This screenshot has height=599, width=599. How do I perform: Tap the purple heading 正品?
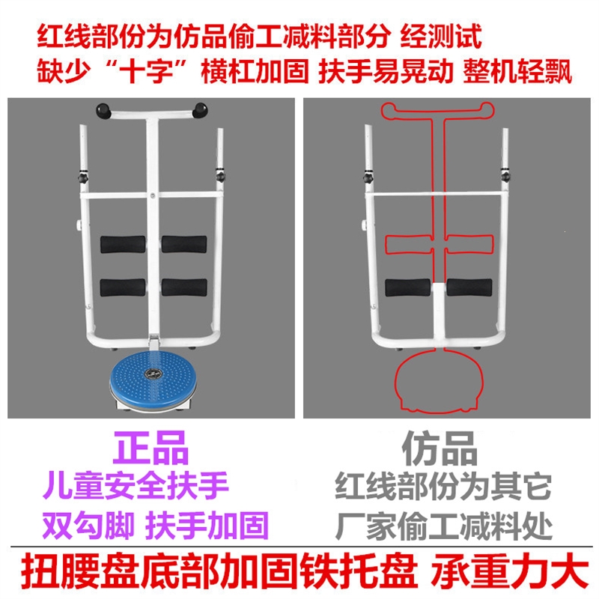click(151, 447)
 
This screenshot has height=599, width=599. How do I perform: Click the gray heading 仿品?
click(440, 447)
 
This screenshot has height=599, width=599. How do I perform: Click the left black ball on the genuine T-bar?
click(103, 111)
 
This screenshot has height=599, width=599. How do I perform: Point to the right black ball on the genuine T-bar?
click(200, 110)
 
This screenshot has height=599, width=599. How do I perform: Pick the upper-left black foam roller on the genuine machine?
click(123, 244)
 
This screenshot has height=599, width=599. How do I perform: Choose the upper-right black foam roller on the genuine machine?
click(184, 244)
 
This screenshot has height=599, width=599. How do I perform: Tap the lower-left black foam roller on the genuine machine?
click(123, 288)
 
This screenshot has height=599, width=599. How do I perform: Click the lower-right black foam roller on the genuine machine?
click(184, 288)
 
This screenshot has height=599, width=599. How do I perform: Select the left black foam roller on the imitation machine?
click(408, 288)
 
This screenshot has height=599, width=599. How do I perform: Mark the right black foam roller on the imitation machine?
click(469, 288)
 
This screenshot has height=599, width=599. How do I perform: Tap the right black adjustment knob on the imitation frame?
click(506, 177)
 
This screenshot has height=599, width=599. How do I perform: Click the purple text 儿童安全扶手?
click(136, 486)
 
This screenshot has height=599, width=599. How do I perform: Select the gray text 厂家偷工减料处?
click(444, 526)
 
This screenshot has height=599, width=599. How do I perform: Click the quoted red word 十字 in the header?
click(146, 71)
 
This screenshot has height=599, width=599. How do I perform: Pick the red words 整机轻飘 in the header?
click(517, 71)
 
